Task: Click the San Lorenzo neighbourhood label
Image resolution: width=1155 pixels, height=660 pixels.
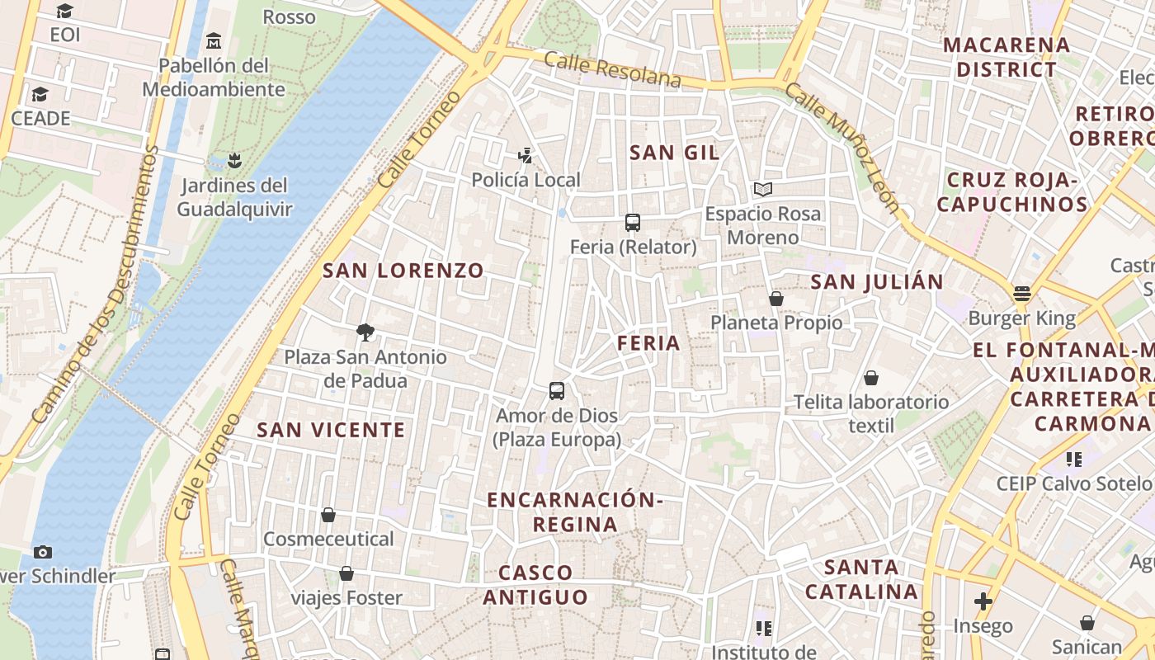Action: point(403,271)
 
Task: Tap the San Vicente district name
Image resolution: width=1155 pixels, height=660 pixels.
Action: point(331,430)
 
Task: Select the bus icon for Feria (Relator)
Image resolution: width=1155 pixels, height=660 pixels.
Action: point(633,223)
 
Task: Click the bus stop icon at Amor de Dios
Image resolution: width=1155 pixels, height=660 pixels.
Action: point(557,391)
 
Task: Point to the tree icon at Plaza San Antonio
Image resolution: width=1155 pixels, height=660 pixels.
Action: point(365,332)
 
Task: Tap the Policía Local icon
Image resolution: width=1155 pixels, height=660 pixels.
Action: point(525,155)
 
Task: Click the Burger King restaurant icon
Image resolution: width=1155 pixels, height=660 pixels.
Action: point(1022,294)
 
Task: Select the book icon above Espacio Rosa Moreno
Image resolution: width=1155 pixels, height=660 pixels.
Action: point(763,190)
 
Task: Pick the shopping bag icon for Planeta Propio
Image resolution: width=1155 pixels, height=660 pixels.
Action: point(776,298)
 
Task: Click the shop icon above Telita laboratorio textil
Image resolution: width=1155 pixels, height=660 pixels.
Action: point(871,378)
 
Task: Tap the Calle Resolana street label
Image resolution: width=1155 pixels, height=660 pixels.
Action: point(613,70)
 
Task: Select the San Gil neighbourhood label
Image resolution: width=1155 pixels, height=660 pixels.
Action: point(674,153)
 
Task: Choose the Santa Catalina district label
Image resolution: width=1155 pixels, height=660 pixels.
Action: point(861,579)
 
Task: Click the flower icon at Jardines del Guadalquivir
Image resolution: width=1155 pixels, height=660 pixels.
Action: point(235,160)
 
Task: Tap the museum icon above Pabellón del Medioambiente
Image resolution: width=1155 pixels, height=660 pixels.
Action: point(214,40)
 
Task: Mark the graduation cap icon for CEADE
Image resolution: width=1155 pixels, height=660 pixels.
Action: point(40,94)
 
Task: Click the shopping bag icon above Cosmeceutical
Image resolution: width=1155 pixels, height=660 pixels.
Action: point(328,515)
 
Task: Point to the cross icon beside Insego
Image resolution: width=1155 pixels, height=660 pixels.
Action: point(983,601)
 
